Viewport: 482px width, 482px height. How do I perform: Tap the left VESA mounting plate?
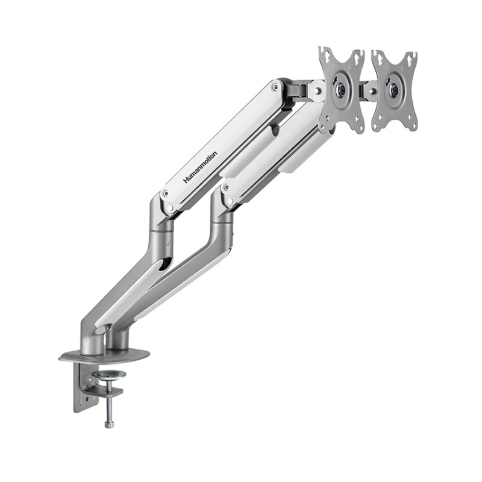click(342, 90)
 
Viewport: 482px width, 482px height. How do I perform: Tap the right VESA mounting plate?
click(395, 91)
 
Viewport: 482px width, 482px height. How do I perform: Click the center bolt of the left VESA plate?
click(341, 90)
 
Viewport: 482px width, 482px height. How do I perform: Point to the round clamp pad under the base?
click(108, 375)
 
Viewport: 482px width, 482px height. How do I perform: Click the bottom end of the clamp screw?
click(109, 424)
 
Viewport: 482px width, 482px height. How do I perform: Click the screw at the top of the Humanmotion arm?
click(276, 87)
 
